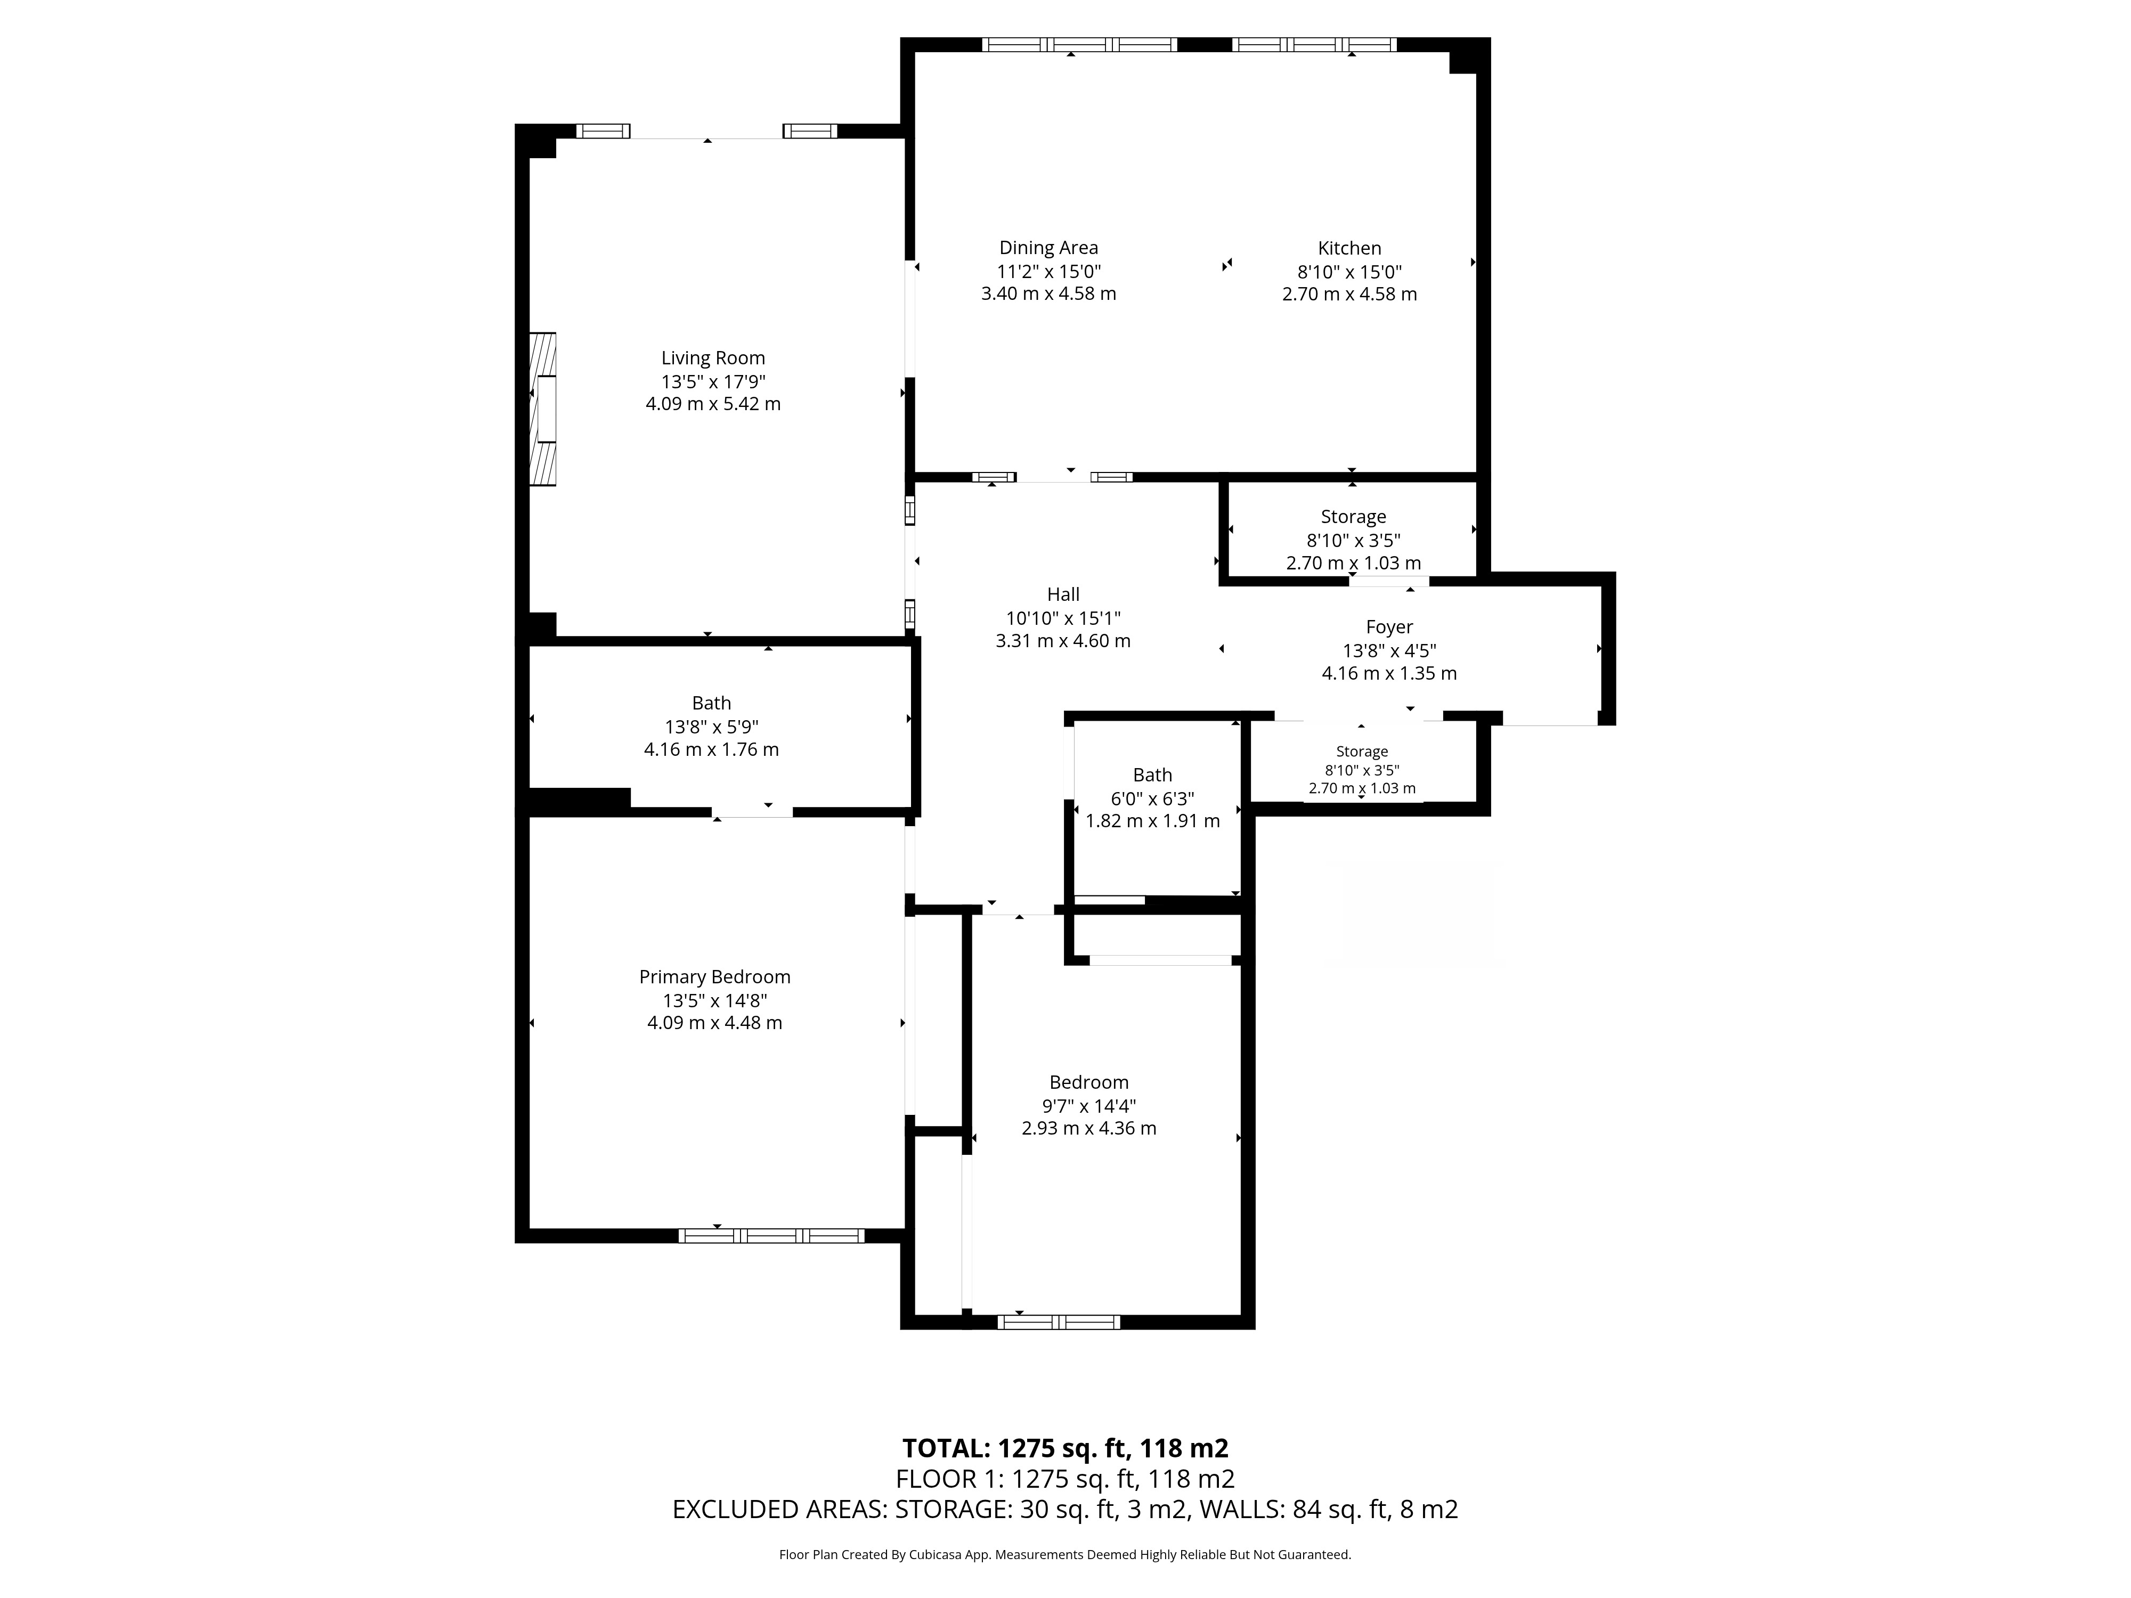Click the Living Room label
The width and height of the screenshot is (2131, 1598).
[x=713, y=358]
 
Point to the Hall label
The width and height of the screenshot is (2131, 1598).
[x=1063, y=594]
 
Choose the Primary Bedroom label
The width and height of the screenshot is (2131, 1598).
[x=715, y=977]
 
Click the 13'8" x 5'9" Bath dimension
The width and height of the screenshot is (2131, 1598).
[x=711, y=726]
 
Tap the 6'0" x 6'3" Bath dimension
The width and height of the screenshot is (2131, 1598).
[x=1152, y=798]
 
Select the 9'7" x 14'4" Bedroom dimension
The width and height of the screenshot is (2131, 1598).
[x=1088, y=1106]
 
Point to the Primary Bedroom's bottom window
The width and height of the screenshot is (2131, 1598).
[x=771, y=1236]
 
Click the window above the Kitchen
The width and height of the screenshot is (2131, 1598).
[x=1314, y=44]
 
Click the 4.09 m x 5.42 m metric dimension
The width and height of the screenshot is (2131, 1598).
[x=713, y=404]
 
